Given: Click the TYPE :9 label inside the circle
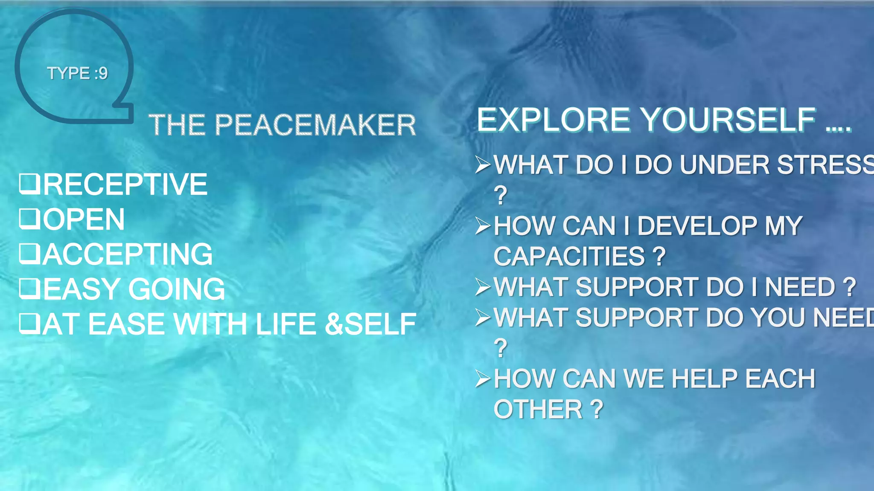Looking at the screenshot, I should (77, 73).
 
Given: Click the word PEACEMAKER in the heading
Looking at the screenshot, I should (315, 125).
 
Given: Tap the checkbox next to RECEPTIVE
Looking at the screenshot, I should (29, 184).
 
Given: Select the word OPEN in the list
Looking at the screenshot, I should (84, 220).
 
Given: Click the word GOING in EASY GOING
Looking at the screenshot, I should (177, 289).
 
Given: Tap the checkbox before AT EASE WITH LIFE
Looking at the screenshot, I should (29, 323).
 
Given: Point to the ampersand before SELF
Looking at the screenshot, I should (334, 324).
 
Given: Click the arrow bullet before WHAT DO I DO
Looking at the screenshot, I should (484, 165).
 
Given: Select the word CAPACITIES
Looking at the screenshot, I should (569, 257).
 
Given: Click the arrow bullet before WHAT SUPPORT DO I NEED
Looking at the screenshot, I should (484, 287).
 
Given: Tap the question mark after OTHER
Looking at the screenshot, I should (597, 410).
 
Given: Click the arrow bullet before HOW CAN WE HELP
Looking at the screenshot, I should (484, 379).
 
